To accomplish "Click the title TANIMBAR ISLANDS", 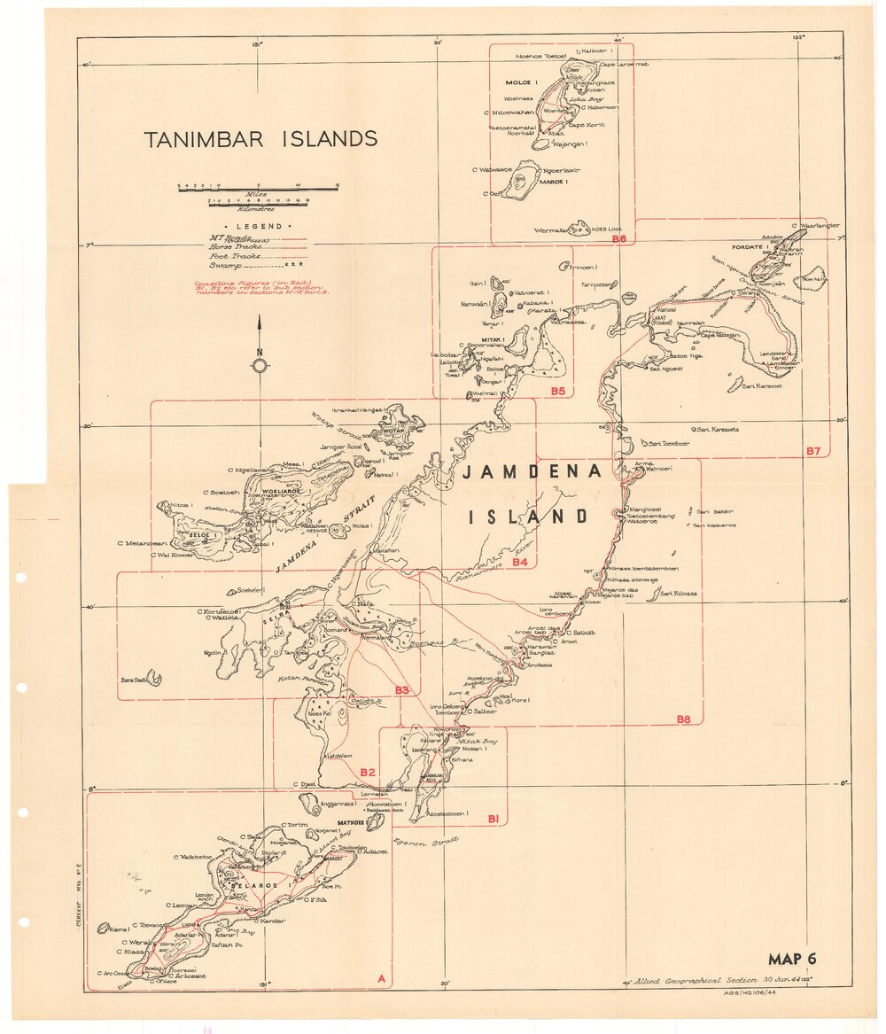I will pos(261,139).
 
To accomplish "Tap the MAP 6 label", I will pos(791,959).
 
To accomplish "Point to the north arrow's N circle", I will pos(260,365).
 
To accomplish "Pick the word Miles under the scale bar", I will pos(257,192).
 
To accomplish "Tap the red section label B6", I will pos(618,239).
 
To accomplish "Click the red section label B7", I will pos(813,451).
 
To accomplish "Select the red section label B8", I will pos(683,719).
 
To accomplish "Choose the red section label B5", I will pos(557,391).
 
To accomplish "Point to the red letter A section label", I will pos(381,979).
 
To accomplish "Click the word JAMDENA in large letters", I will pos(531,472).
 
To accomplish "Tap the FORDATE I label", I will pos(749,247).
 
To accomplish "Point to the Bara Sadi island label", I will pos(134,680).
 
